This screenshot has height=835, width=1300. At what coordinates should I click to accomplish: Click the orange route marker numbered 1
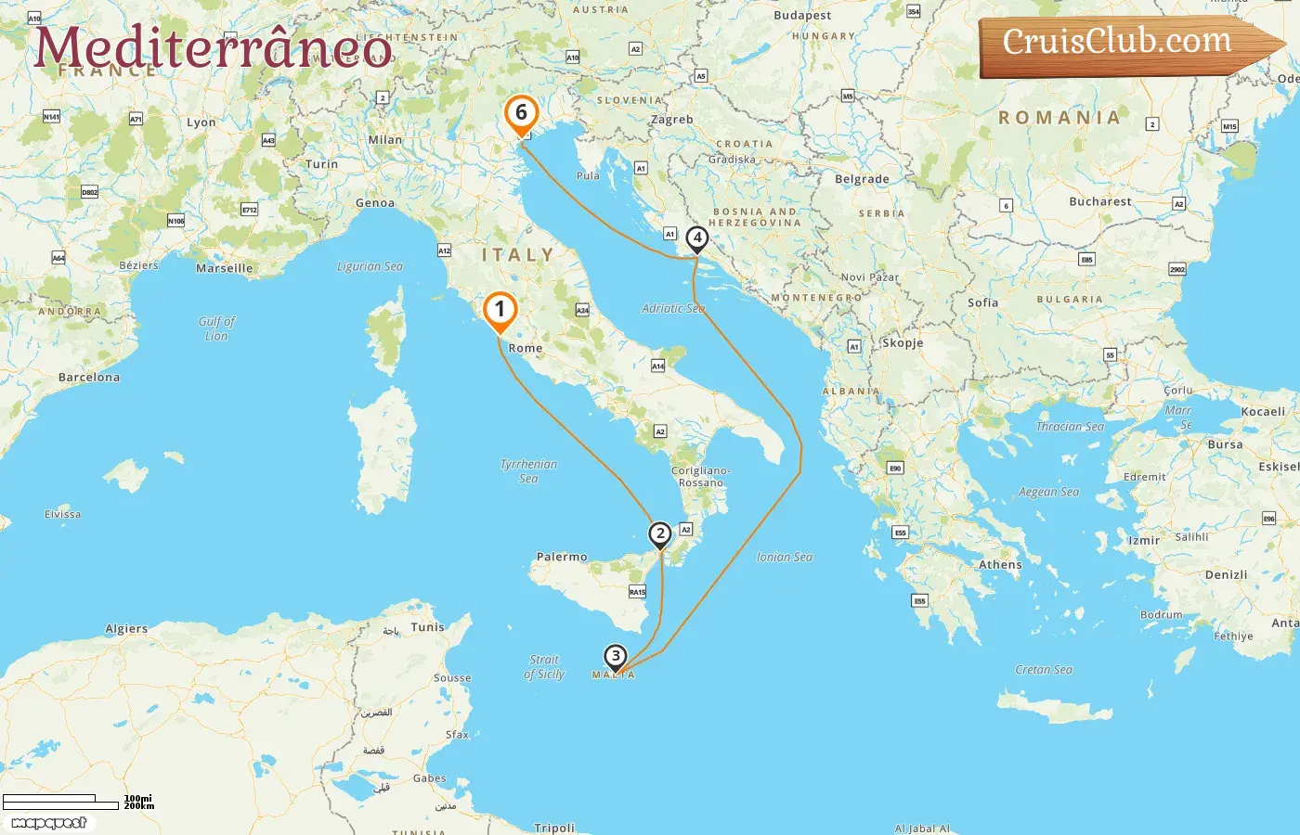point(500,310)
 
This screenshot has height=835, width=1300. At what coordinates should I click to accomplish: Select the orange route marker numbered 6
point(521,113)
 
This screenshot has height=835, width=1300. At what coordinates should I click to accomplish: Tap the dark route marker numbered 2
point(660,533)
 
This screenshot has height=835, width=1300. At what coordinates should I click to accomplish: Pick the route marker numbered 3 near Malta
point(615,656)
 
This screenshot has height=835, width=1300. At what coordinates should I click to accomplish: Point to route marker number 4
point(696,238)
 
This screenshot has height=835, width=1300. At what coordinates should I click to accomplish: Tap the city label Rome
point(526,348)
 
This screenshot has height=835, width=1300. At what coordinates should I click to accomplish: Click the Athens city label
point(1000,564)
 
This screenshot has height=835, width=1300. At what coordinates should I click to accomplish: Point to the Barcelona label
point(89,378)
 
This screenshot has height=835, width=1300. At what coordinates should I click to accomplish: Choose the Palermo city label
point(562,557)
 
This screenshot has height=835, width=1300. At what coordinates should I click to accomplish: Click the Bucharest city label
point(1100,201)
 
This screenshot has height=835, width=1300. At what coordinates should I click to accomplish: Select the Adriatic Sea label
point(673,308)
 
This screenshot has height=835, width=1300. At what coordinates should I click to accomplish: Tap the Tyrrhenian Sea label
point(528,470)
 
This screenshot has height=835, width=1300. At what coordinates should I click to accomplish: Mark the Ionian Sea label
point(784,557)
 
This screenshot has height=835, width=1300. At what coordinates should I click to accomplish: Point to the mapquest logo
point(48,823)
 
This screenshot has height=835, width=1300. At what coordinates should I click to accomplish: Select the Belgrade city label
point(862,179)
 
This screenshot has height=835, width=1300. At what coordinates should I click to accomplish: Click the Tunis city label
point(428,627)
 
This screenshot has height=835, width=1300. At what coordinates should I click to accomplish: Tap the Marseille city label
point(224,268)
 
